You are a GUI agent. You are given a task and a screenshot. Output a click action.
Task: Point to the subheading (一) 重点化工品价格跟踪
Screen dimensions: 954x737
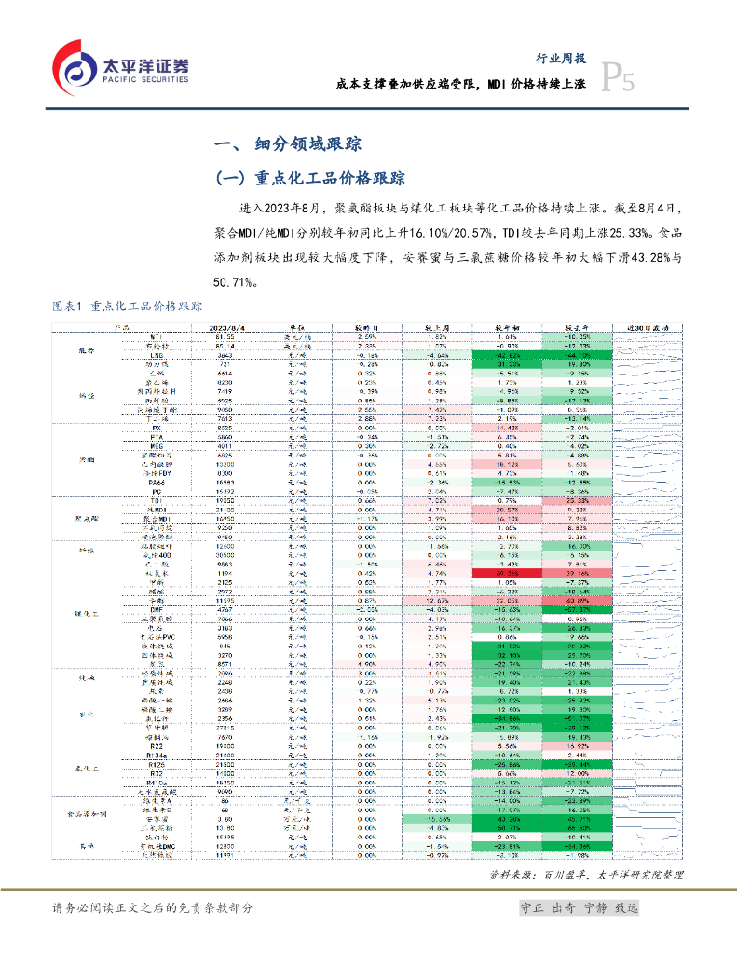[309, 178]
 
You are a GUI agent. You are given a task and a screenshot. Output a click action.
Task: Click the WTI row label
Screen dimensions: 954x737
[159, 337]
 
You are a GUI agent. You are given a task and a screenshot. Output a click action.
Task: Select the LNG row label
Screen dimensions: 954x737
[159, 355]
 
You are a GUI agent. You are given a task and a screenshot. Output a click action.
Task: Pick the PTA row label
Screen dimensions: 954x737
[159, 436]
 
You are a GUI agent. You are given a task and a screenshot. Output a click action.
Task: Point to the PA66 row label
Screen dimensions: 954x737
[159, 482]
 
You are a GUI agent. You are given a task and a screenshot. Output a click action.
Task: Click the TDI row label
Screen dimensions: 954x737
[159, 500]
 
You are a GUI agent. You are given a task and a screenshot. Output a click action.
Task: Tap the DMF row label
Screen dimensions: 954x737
[159, 608]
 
